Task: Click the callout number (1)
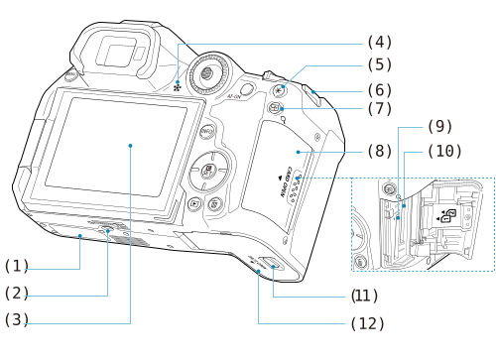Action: point(19,266)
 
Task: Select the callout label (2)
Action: point(19,294)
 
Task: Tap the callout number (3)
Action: point(19,320)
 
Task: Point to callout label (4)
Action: point(378,42)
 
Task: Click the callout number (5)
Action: point(378,65)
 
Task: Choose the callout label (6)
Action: point(378,89)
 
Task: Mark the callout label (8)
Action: point(378,154)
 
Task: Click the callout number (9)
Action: point(438,127)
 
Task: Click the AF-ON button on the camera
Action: point(236,97)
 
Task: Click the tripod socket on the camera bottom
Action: point(108,230)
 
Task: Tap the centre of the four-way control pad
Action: point(210,171)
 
